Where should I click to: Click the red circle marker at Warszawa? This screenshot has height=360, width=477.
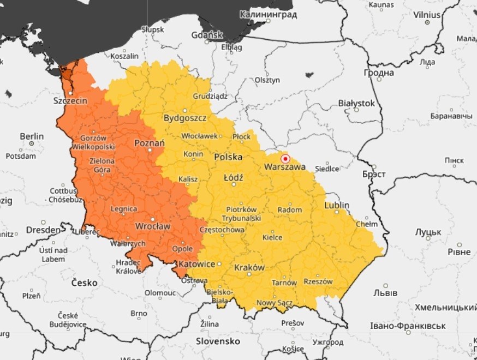(285, 159)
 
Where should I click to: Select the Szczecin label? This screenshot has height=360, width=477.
(70, 101)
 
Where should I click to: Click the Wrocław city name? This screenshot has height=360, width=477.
(153, 225)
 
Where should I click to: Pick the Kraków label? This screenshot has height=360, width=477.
(249, 268)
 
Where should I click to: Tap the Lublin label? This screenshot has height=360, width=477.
(337, 205)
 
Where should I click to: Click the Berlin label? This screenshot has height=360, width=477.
(32, 136)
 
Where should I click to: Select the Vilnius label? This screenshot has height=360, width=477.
(427, 14)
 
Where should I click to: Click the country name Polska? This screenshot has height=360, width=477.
(228, 157)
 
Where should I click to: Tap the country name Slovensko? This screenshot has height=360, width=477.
(218, 341)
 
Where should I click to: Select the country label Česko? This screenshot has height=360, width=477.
(85, 283)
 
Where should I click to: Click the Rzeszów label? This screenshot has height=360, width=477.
(318, 281)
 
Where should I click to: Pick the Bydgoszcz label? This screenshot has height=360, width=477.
(185, 118)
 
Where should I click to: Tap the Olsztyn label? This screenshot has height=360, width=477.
(267, 80)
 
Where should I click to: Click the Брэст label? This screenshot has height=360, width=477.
(374, 175)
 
